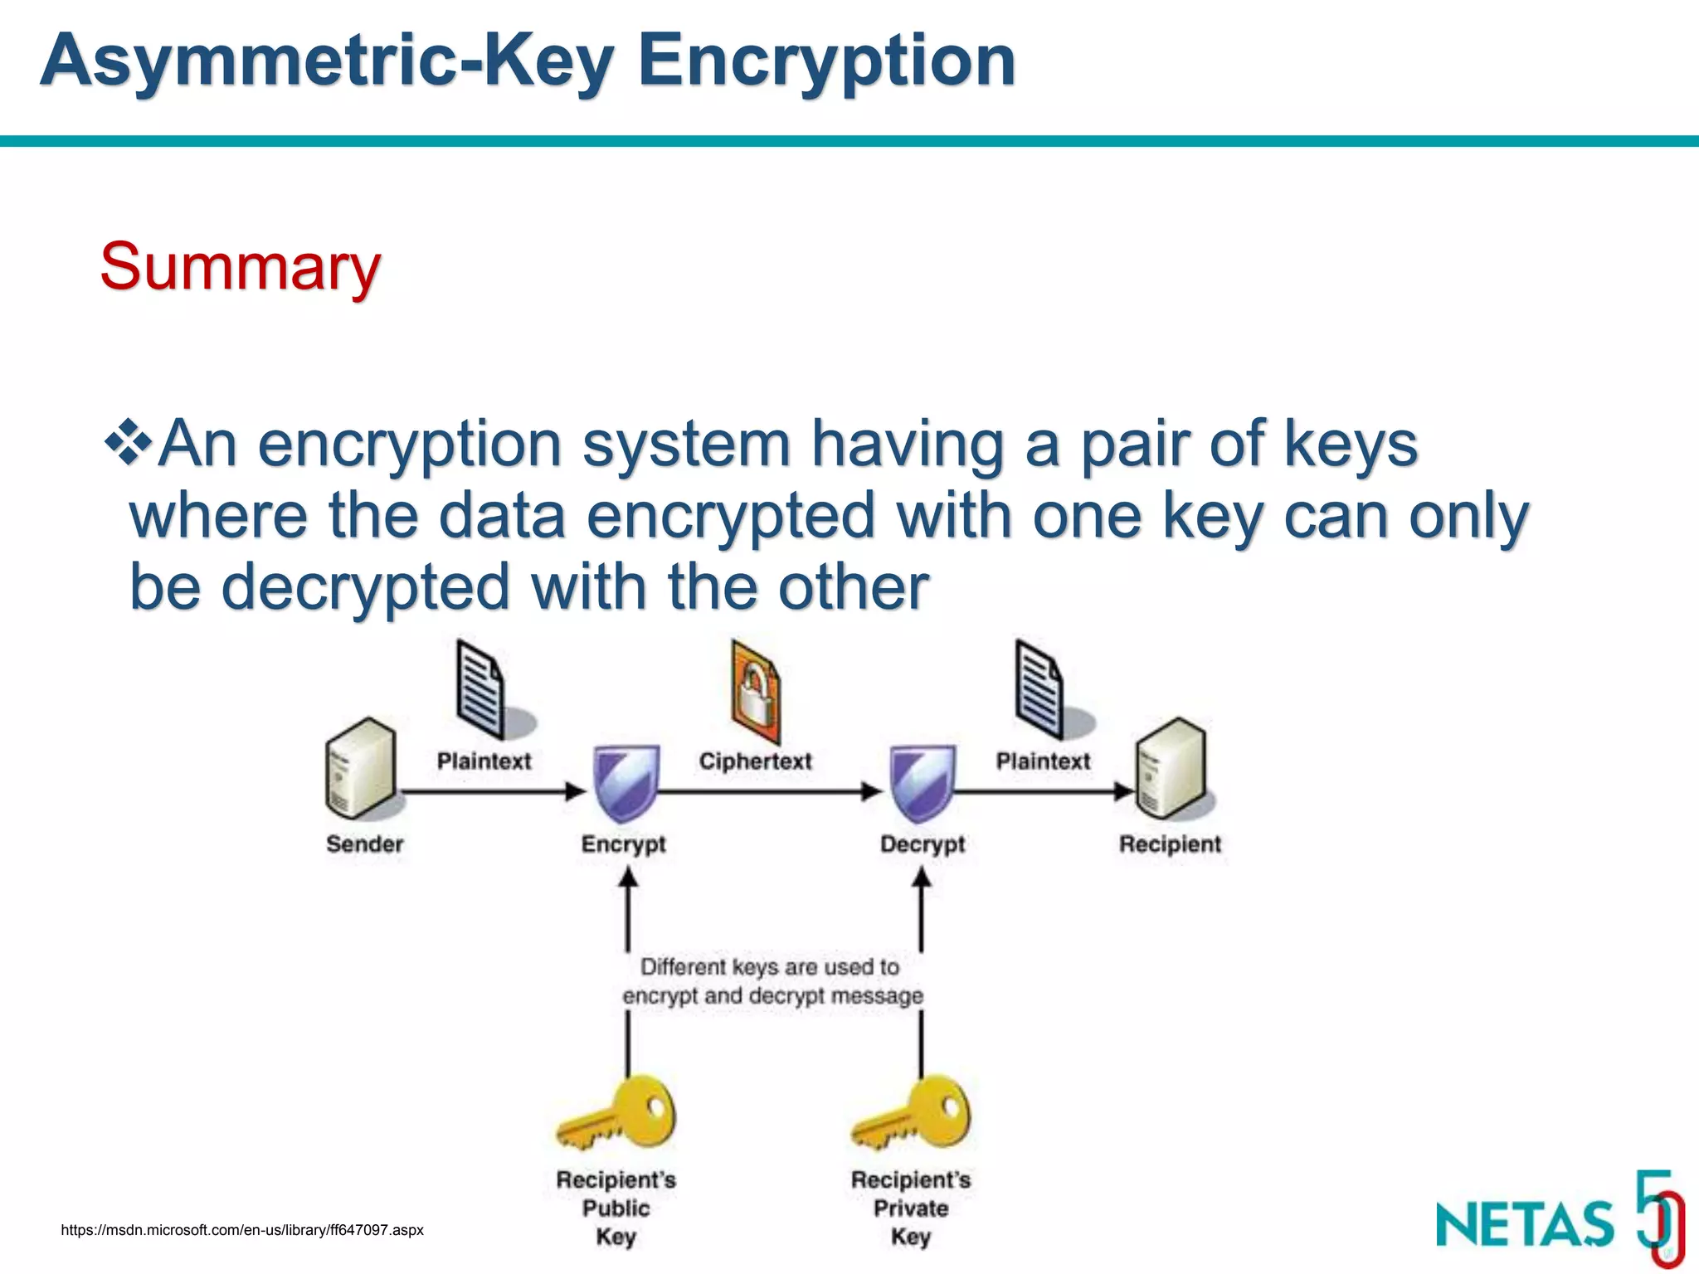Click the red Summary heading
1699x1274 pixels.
[241, 267]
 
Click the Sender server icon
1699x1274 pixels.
[360, 767]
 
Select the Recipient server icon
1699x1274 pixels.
[1170, 767]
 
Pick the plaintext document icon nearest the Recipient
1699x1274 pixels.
[1039, 688]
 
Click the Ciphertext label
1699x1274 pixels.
[755, 761]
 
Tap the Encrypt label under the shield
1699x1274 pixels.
[623, 844]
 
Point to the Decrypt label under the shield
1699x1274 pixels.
[923, 844]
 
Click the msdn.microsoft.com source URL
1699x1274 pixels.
[242, 1230]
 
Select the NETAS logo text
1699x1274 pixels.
[1525, 1223]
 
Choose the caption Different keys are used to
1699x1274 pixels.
[770, 967]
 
